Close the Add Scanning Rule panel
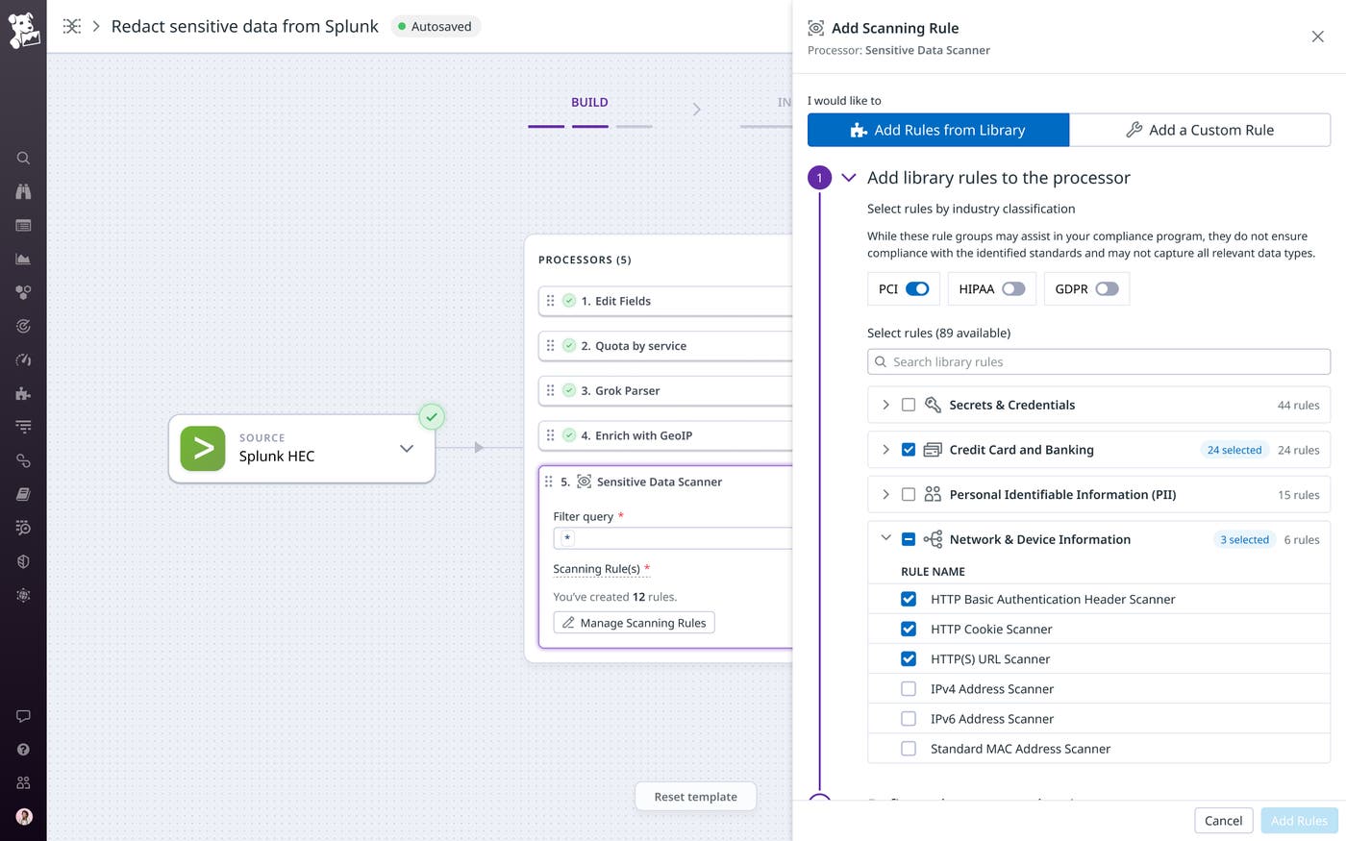(x=1317, y=37)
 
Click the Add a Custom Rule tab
(x=1200, y=130)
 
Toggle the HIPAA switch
(x=1013, y=289)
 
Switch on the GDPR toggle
(x=1107, y=289)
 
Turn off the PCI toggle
(x=917, y=289)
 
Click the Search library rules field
(x=1098, y=362)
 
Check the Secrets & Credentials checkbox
(x=909, y=406)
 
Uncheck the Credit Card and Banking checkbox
(x=909, y=450)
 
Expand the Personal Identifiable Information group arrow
(x=885, y=495)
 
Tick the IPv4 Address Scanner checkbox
(x=909, y=689)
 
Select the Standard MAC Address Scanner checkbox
(x=909, y=749)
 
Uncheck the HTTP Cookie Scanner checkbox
(x=909, y=630)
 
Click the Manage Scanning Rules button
(x=634, y=623)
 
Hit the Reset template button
(x=695, y=797)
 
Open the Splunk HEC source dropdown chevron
(x=407, y=449)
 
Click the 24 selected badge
(x=1234, y=450)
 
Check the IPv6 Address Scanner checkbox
(x=909, y=719)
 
